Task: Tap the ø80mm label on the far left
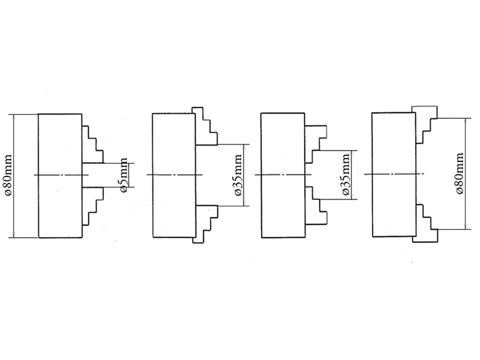tap(8, 175)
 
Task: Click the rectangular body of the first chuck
tap(60, 144)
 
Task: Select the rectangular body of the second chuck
tap(172, 144)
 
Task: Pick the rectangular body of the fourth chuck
tap(392, 144)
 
